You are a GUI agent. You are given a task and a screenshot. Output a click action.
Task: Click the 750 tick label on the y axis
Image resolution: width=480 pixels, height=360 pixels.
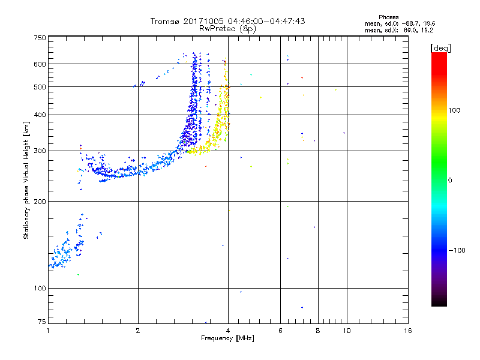[x=40, y=37]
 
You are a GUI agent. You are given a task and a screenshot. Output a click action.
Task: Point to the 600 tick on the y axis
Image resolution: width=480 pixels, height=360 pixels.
[x=40, y=64]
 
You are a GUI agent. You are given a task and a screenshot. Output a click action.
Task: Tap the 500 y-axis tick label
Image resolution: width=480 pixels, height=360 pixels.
[x=40, y=86]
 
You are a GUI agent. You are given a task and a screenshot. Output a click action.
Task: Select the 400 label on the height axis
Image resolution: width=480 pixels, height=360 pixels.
[x=40, y=115]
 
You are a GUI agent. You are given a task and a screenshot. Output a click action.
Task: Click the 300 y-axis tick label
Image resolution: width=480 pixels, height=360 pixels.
[x=40, y=151]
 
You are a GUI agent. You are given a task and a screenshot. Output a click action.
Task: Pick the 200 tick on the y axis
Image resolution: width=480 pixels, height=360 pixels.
[x=40, y=201]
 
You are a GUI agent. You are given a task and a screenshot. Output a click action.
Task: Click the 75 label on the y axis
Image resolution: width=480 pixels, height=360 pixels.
[x=41, y=323]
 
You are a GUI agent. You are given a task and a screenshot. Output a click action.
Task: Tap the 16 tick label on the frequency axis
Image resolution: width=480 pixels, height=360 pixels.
[x=408, y=331]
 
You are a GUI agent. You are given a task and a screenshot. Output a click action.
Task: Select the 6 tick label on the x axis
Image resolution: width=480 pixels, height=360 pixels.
[x=280, y=331]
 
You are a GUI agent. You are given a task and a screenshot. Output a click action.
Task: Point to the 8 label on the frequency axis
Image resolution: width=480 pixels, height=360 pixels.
[x=318, y=331]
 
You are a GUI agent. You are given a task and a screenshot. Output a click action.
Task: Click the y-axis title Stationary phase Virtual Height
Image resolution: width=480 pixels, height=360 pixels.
[x=26, y=180]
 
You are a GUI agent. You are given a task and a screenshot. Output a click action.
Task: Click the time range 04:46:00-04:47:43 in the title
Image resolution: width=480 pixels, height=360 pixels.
[x=266, y=21]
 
